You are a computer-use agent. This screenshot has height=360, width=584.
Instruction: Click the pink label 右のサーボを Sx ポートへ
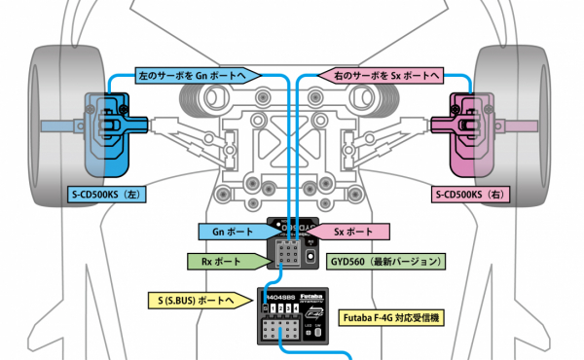pos(380,74)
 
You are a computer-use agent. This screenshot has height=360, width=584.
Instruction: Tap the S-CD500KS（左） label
pos(107,195)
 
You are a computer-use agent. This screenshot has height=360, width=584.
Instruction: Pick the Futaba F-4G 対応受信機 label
pos(390,318)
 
